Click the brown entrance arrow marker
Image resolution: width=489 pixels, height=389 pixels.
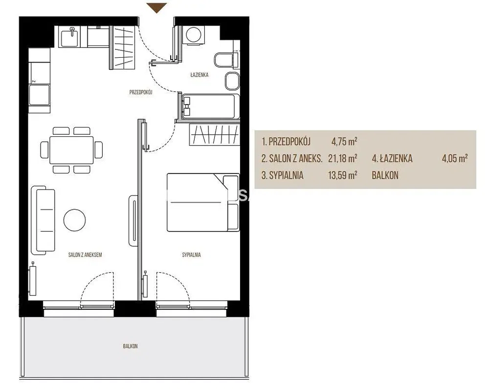(x=157, y=7)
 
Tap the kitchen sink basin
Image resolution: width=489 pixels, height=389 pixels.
(x=72, y=37)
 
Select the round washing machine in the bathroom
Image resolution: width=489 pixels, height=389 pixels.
(x=193, y=35)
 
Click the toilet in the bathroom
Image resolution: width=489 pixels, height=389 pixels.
(x=225, y=59)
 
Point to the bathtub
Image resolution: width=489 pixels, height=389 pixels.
(x=208, y=106)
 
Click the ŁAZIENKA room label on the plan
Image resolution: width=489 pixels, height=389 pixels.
(x=200, y=75)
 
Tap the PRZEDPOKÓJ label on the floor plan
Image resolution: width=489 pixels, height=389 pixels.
(x=141, y=92)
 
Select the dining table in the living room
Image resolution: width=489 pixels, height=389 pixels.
(x=71, y=150)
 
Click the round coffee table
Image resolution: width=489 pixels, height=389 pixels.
(x=74, y=220)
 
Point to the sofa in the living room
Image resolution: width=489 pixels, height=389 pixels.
(x=43, y=220)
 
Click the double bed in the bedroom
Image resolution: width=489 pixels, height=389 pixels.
(x=203, y=202)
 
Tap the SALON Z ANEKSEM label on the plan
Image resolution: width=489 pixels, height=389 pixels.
(x=85, y=255)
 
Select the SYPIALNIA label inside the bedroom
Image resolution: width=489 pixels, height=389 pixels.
(x=192, y=255)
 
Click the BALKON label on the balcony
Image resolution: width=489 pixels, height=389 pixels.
(x=130, y=346)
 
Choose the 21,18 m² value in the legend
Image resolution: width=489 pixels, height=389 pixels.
(x=342, y=158)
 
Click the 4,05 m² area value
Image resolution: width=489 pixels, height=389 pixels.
(x=454, y=158)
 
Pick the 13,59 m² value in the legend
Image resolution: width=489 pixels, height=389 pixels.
(x=342, y=175)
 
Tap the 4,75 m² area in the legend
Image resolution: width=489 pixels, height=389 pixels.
(x=344, y=142)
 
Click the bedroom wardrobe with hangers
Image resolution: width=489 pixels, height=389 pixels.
(x=214, y=134)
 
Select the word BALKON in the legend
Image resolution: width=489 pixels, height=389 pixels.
(x=385, y=175)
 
